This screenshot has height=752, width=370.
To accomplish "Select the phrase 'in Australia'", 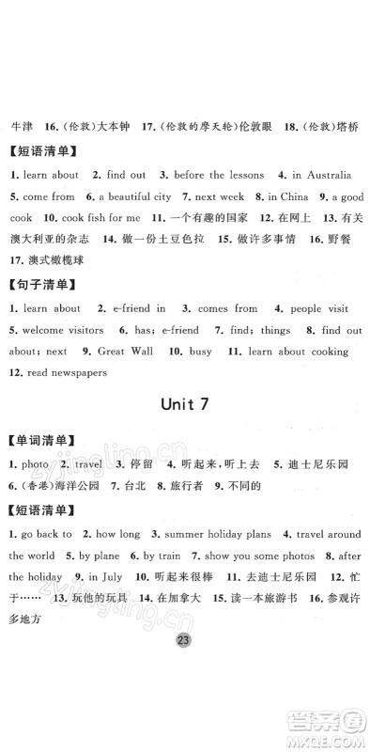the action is point(321,175).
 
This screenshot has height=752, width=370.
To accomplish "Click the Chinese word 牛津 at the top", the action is point(20,125).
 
